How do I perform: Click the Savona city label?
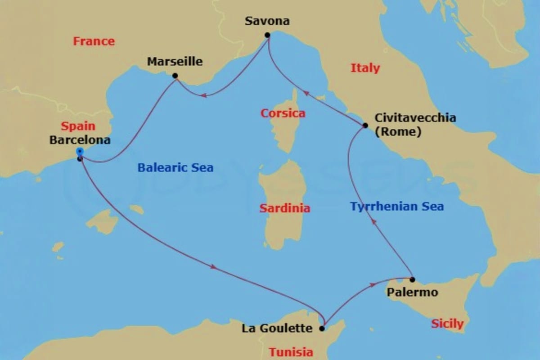267,21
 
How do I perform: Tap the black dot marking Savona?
267,35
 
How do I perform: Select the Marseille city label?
175,62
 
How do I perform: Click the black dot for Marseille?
175,76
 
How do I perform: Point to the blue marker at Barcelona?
80,151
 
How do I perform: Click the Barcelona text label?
80,140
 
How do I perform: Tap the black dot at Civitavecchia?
365,125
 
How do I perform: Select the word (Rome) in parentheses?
398,133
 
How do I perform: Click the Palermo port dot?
412,279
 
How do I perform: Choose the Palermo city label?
412,292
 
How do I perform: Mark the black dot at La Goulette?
322,328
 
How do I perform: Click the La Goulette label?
277,328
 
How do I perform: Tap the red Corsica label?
283,113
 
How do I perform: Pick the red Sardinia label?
285,208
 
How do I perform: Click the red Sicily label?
447,324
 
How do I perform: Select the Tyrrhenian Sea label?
397,207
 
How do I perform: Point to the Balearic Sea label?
175,168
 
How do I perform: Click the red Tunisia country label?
291,352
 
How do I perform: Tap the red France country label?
94,41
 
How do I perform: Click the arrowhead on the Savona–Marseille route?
203,95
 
